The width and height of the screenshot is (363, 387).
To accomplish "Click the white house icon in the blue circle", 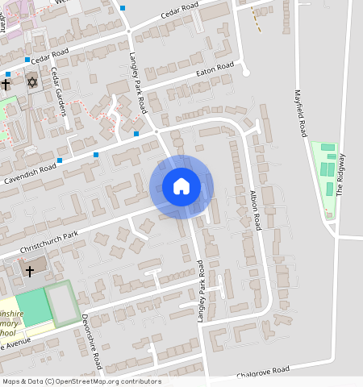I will coord(181,187).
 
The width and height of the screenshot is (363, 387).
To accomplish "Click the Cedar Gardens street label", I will coord(56,91).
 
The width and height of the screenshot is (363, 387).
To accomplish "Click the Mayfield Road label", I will coord(302,112).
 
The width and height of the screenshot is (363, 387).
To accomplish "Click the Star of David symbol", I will coord(32,82).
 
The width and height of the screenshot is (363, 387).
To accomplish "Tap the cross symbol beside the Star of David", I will coord(6,84).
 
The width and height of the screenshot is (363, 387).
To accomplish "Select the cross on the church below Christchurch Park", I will coord(30,271).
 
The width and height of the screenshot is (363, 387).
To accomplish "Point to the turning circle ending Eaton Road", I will coord(246,73).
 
